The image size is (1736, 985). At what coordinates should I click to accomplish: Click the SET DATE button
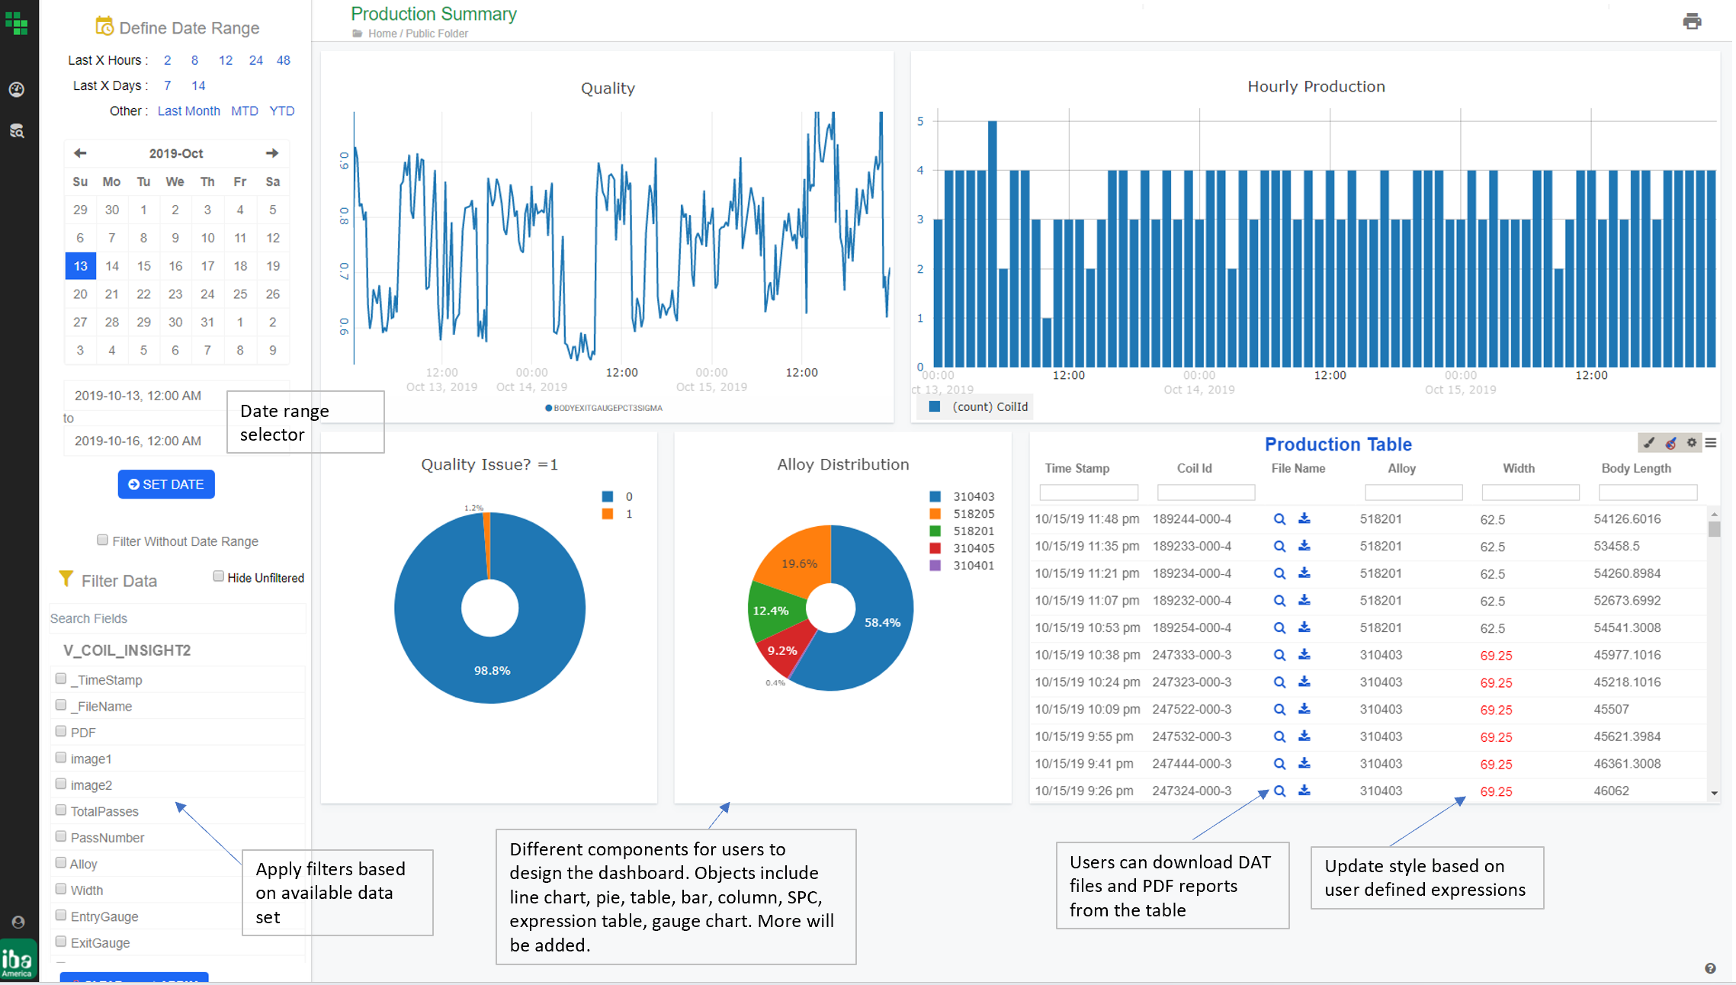pyautogui.click(x=166, y=484)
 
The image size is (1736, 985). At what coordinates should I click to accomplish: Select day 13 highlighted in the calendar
pyautogui.click(x=81, y=266)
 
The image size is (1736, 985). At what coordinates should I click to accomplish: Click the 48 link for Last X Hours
pyautogui.click(x=283, y=60)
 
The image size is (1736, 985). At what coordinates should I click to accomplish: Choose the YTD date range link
pyautogui.click(x=281, y=111)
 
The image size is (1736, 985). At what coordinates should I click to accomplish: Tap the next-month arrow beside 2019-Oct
pyautogui.click(x=272, y=153)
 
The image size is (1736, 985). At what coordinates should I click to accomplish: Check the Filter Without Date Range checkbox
pyautogui.click(x=103, y=540)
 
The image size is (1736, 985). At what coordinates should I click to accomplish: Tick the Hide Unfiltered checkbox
pyautogui.click(x=219, y=576)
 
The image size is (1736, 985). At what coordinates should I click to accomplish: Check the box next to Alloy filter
pyautogui.click(x=61, y=863)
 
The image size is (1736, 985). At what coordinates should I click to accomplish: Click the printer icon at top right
pyautogui.click(x=1692, y=21)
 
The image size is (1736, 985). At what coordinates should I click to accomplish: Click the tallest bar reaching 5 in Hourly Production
pyautogui.click(x=992, y=244)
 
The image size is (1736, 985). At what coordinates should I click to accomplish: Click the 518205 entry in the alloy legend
pyautogui.click(x=973, y=514)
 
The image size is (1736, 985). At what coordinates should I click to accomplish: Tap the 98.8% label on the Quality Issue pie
pyautogui.click(x=492, y=670)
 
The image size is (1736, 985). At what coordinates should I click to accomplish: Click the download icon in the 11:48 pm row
pyautogui.click(x=1304, y=518)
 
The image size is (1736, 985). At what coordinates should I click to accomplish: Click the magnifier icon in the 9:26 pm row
pyautogui.click(x=1279, y=791)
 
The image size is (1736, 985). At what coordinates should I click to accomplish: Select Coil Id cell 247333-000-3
pyautogui.click(x=1192, y=655)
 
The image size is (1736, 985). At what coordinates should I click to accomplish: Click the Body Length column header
pyautogui.click(x=1635, y=468)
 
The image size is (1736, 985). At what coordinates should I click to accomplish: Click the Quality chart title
pyautogui.click(x=608, y=88)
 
